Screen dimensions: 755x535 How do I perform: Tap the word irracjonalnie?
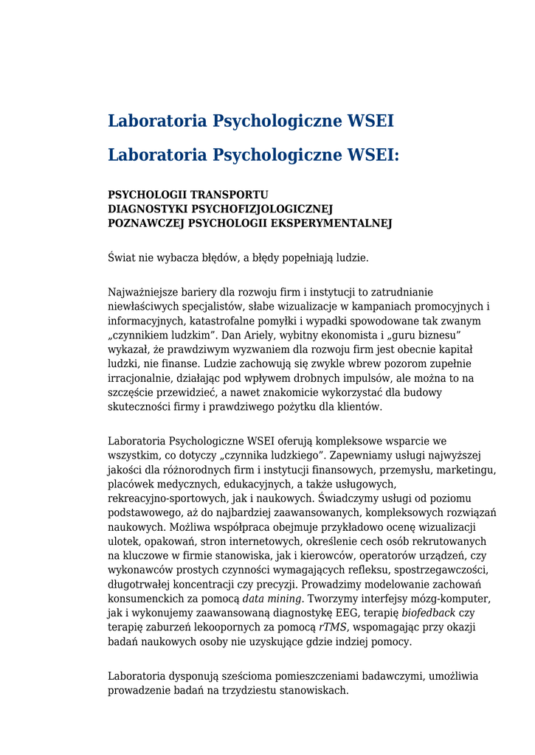coord(140,378)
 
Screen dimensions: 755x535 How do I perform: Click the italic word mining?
coord(284,599)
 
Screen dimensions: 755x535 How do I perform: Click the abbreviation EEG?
coord(328,613)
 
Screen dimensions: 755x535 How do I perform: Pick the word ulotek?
coord(123,541)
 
